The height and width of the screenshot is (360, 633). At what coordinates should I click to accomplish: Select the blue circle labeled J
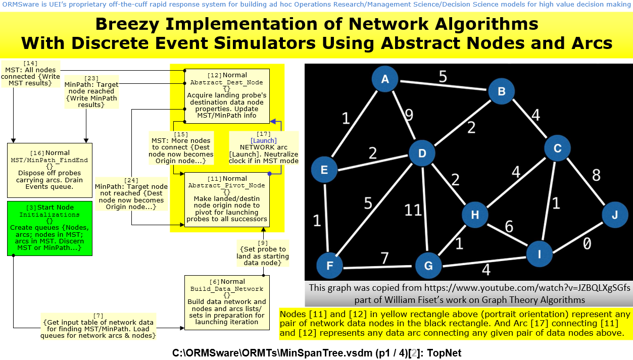click(x=615, y=215)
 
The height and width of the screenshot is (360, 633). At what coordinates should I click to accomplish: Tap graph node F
click(x=329, y=266)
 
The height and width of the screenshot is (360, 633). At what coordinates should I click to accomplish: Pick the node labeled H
click(x=475, y=215)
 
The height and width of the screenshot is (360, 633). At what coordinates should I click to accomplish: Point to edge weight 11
click(x=413, y=210)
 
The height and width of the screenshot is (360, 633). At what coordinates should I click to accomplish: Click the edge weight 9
click(x=409, y=115)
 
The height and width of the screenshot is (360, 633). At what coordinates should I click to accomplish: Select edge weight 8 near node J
click(x=596, y=175)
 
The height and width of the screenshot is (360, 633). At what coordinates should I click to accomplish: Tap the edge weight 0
click(x=587, y=244)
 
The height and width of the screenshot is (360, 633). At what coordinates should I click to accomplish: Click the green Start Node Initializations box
click(x=50, y=228)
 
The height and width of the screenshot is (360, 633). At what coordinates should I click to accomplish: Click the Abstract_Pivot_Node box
click(x=226, y=199)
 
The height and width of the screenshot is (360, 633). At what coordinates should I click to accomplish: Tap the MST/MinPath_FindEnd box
click(x=50, y=169)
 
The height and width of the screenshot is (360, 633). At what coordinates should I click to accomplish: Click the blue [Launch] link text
click(x=263, y=141)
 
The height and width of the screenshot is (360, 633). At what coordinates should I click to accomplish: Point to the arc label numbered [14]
click(x=30, y=73)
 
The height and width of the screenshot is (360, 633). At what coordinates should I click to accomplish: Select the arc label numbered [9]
click(x=263, y=252)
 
